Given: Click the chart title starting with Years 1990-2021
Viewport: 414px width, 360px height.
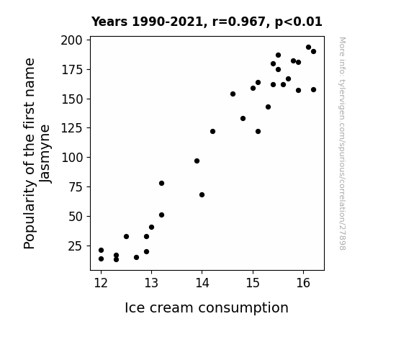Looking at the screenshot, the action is click(x=207, y=22).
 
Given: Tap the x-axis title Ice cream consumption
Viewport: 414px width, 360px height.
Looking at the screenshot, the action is click(x=207, y=308).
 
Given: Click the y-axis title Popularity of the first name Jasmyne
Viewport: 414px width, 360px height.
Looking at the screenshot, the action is click(x=37, y=153).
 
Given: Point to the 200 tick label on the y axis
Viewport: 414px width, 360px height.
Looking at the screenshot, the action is click(x=71, y=40).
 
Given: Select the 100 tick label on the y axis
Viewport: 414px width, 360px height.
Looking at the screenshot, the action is click(x=72, y=158).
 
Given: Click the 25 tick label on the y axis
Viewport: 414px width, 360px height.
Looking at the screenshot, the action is click(x=76, y=246).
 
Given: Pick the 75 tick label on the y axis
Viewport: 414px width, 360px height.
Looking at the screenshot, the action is click(x=76, y=187).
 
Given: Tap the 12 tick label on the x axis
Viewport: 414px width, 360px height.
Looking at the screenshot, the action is click(x=101, y=283).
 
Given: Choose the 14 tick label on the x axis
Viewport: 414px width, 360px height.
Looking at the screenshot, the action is click(x=202, y=283).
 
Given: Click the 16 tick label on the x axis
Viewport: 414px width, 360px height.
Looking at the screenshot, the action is click(x=303, y=283).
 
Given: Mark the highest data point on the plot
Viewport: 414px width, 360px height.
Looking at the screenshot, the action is click(x=308, y=48).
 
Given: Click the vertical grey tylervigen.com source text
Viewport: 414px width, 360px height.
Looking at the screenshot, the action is click(x=343, y=143).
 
